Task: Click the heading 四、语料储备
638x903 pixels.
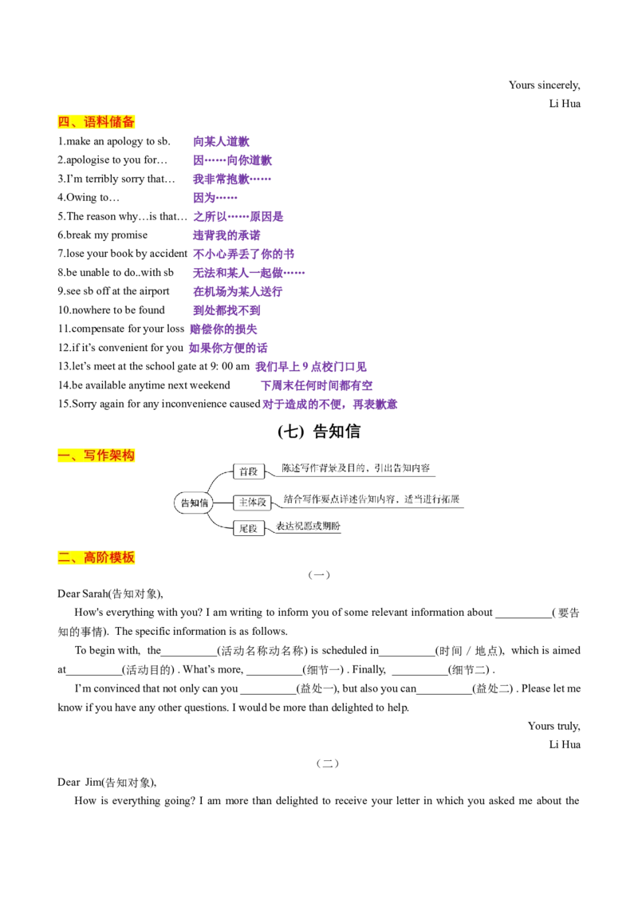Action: point(96,121)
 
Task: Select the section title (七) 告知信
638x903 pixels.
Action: point(319,432)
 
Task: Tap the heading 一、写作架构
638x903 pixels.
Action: point(96,455)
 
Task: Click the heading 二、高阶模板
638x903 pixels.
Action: point(96,558)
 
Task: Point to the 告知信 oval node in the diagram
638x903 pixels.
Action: point(194,503)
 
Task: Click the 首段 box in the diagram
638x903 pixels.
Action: point(249,471)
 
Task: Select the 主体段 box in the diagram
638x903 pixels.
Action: point(253,503)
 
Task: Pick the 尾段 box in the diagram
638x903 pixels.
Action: point(249,528)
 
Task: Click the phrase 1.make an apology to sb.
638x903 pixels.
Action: point(114,141)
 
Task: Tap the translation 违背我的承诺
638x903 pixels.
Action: point(226,235)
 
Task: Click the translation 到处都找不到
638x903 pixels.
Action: point(226,310)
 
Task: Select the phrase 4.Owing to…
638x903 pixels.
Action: point(89,198)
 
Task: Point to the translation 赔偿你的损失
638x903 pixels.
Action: point(223,329)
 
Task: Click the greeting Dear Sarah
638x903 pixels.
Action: point(84,593)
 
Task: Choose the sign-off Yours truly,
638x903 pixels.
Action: point(554,726)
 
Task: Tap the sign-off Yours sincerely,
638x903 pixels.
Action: point(544,85)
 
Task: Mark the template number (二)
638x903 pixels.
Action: point(328,763)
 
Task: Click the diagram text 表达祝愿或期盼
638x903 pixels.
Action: point(308,526)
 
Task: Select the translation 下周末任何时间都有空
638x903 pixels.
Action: point(317,385)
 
